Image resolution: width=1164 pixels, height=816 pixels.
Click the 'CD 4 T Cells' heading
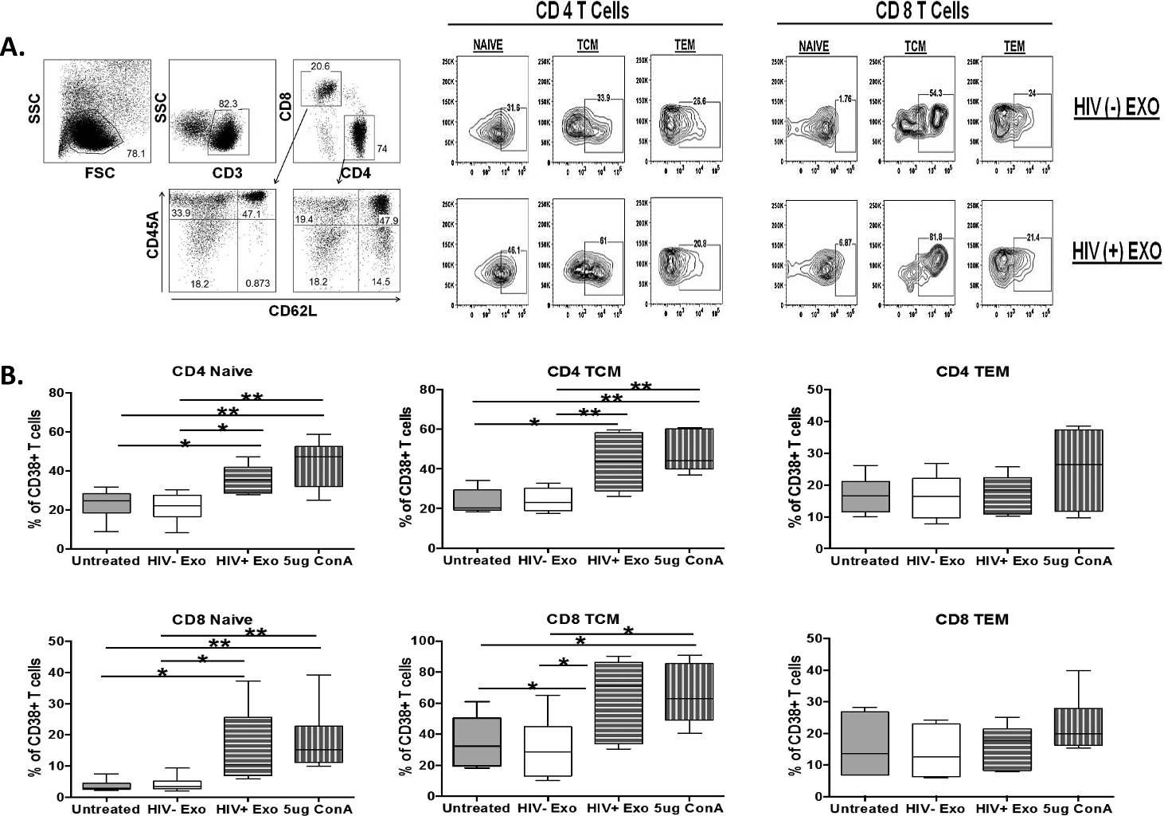[x=585, y=11]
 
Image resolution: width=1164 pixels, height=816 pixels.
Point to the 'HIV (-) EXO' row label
[x=1115, y=106]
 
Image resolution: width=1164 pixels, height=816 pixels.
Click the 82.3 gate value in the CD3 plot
[x=229, y=104]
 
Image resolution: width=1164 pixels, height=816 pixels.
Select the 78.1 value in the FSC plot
[x=136, y=153]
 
